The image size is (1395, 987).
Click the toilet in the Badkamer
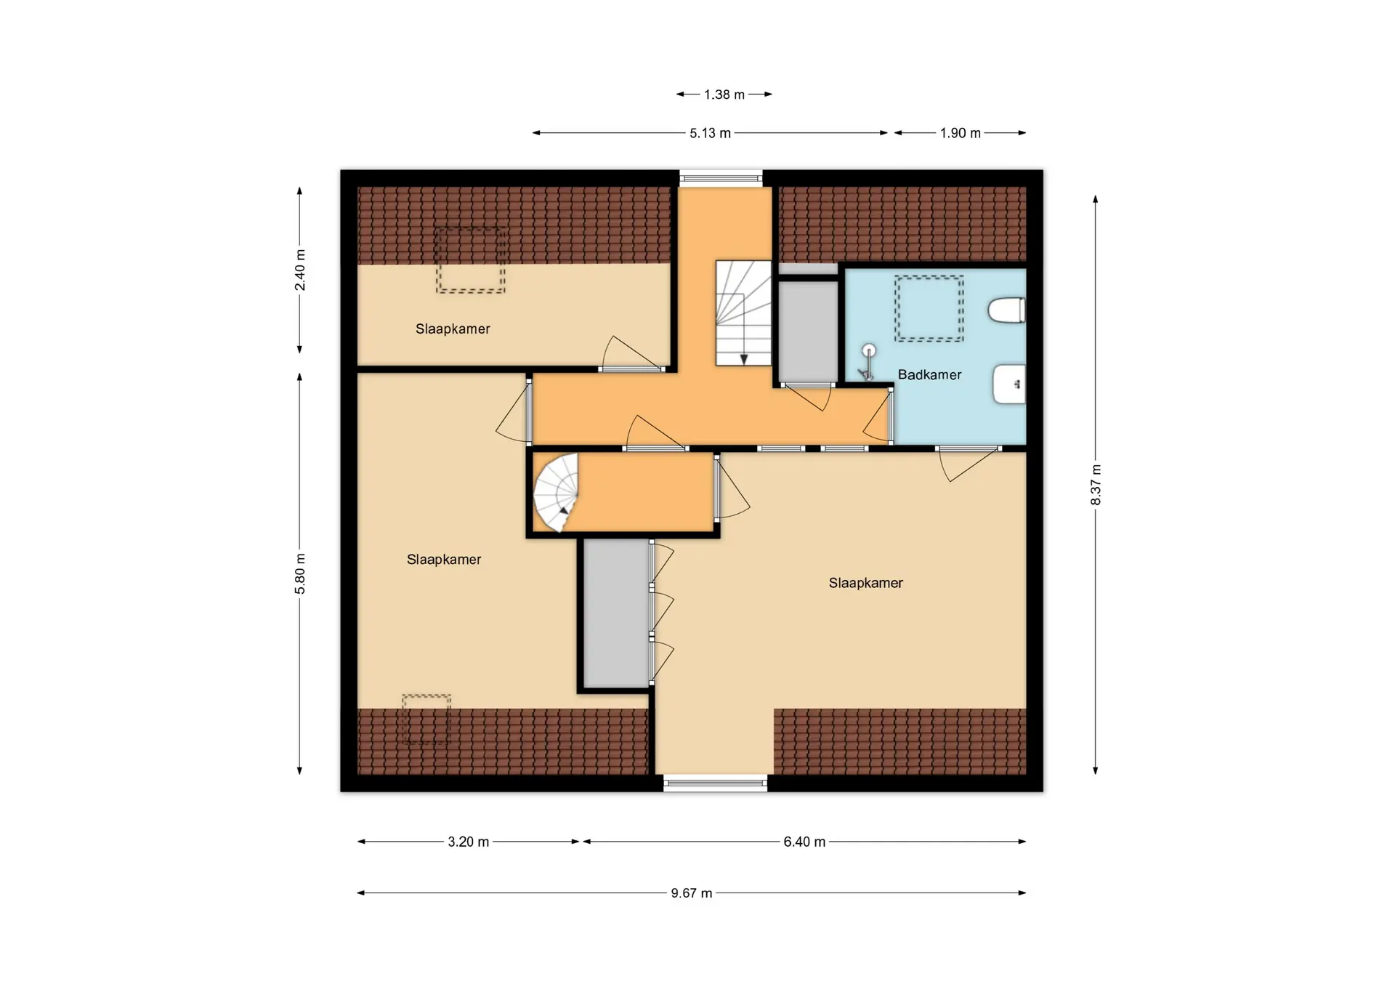(1007, 310)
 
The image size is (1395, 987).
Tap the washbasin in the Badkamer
(1009, 384)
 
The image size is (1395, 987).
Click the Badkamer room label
(929, 375)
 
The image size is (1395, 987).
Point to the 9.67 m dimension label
(691, 893)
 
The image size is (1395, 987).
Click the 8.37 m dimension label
(1096, 485)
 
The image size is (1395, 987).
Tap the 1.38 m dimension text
(724, 94)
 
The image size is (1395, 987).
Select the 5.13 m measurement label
(710, 133)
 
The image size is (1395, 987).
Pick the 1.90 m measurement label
(960, 133)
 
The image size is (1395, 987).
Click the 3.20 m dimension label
(468, 842)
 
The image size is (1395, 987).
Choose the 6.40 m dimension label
(804, 842)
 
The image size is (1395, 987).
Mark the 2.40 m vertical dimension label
(300, 270)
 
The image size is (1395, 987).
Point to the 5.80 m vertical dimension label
(300, 573)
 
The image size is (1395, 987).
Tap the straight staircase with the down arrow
(743, 313)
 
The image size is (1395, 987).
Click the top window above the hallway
(721, 177)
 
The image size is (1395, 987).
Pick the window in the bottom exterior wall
(715, 783)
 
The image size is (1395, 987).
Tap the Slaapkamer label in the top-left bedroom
(453, 329)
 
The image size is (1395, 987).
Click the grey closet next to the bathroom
(809, 331)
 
